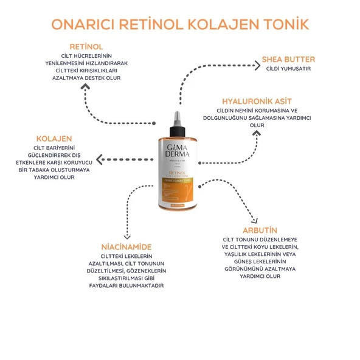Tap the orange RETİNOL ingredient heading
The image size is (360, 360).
[86, 46]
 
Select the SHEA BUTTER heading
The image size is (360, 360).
[288, 60]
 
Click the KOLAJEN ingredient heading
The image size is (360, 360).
[54, 138]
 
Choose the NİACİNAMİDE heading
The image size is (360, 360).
[126, 247]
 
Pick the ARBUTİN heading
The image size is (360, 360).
[260, 230]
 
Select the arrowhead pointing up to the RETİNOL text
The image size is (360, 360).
[85, 86]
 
